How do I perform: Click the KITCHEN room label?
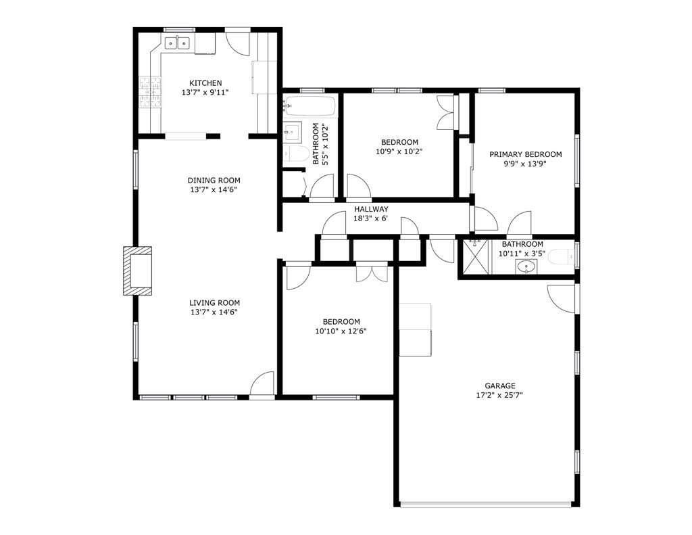205,83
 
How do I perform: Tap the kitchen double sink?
178,44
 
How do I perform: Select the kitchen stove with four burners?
151,92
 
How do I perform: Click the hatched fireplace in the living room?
138,271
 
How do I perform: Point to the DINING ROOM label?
214,181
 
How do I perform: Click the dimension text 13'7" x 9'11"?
205,93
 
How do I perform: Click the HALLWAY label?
371,209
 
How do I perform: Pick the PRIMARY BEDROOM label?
525,154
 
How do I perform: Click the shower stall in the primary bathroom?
475,257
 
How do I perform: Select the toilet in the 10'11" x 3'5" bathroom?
561,256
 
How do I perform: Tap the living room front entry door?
262,384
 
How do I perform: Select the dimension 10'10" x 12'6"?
341,331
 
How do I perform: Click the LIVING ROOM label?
214,303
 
